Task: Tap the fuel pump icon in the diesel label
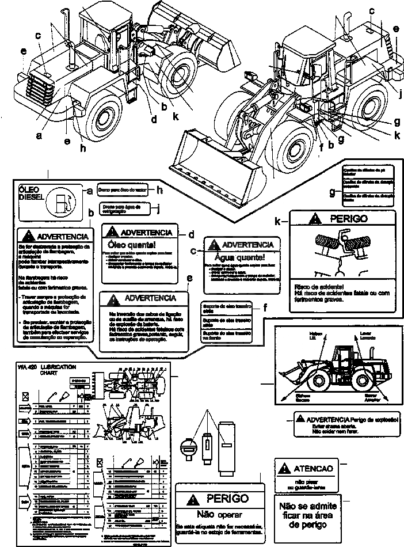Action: (62, 203)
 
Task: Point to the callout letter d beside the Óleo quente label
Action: (190, 234)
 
